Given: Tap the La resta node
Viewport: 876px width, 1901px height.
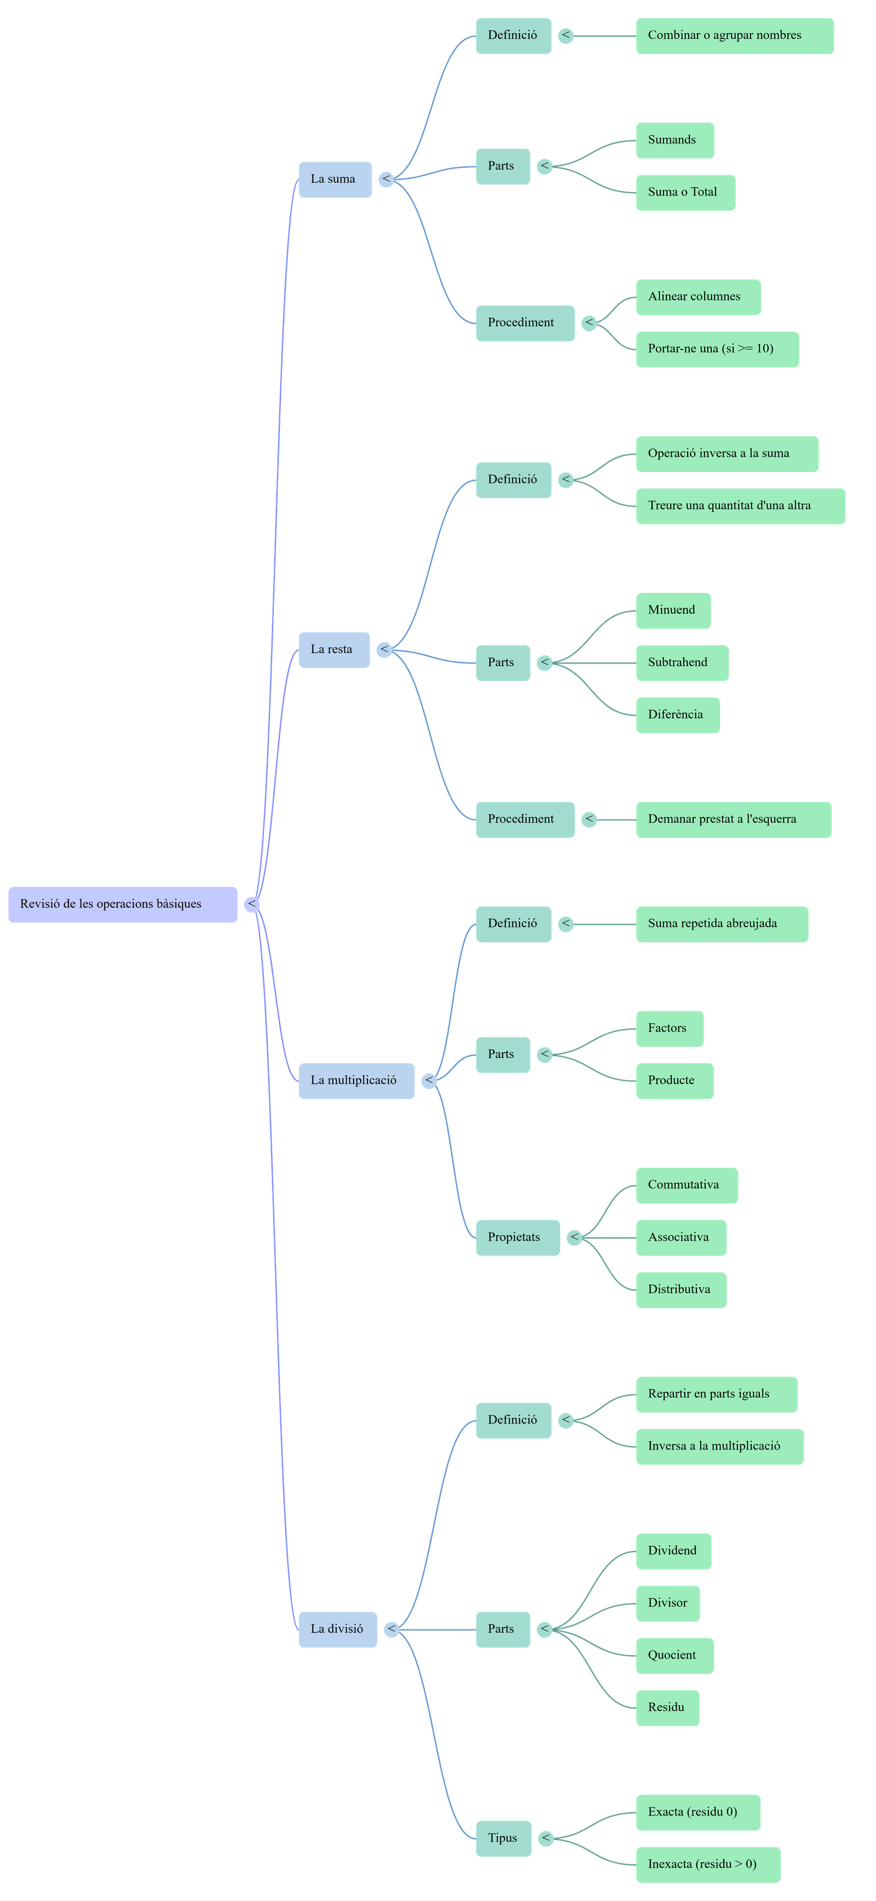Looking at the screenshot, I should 333,649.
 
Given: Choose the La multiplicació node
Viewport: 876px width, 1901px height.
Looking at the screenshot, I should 356,1080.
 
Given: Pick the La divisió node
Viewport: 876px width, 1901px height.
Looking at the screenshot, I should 337,1629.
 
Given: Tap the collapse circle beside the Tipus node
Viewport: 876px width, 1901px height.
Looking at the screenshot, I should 545,1838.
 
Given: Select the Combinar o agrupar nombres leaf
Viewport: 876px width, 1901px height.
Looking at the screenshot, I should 734,36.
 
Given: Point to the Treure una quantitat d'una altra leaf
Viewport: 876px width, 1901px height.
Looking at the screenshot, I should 740,505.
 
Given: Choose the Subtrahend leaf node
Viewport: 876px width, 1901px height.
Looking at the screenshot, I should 682,663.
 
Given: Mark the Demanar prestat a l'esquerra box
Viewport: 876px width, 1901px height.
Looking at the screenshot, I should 734,819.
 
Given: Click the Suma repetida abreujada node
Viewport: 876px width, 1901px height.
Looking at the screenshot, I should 721,924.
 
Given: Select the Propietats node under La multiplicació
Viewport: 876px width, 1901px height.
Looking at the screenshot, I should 517,1237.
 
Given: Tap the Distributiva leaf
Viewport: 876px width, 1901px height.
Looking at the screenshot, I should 681,1290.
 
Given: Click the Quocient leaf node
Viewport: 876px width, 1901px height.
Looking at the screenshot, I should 675,1655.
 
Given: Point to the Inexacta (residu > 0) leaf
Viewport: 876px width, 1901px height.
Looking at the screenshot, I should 708,1864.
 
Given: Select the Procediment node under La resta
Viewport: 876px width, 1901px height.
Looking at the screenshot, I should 525,819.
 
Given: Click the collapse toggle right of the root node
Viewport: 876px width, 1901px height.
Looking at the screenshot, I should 252,904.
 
